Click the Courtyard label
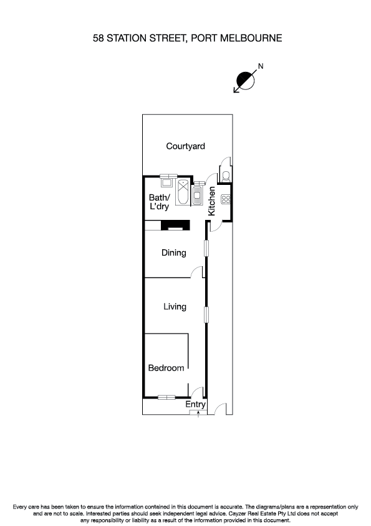[x=185, y=146]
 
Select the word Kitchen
[x=212, y=201]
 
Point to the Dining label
[x=174, y=253]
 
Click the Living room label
[x=175, y=306]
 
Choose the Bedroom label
[x=166, y=368]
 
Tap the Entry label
[x=196, y=405]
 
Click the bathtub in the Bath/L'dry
[x=184, y=192]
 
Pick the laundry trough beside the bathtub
[x=167, y=183]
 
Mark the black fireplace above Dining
[x=175, y=226]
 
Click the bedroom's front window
[x=166, y=397]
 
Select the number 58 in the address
[x=98, y=38]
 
